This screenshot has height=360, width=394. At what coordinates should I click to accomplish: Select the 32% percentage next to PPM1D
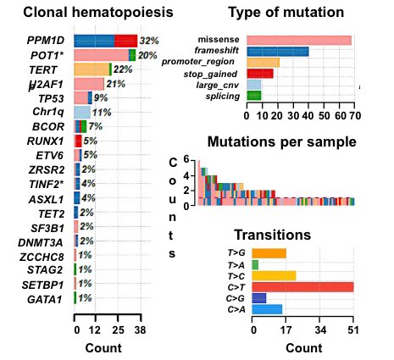tap(149, 41)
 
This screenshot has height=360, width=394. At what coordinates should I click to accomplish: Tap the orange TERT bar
tap(92, 69)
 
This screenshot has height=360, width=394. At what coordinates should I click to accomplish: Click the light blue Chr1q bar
tap(82, 112)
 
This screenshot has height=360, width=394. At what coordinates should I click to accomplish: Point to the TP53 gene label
tap(53, 98)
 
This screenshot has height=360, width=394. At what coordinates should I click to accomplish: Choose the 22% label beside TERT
tap(123, 69)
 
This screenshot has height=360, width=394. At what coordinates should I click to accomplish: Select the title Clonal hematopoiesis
tap(99, 13)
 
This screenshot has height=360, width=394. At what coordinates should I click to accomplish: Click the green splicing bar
tap(253, 96)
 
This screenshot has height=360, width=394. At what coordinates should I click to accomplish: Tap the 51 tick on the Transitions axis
tap(354, 331)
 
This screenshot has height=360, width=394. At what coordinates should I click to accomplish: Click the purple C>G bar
tap(260, 298)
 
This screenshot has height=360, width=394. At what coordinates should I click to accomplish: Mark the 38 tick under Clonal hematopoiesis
tap(139, 330)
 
